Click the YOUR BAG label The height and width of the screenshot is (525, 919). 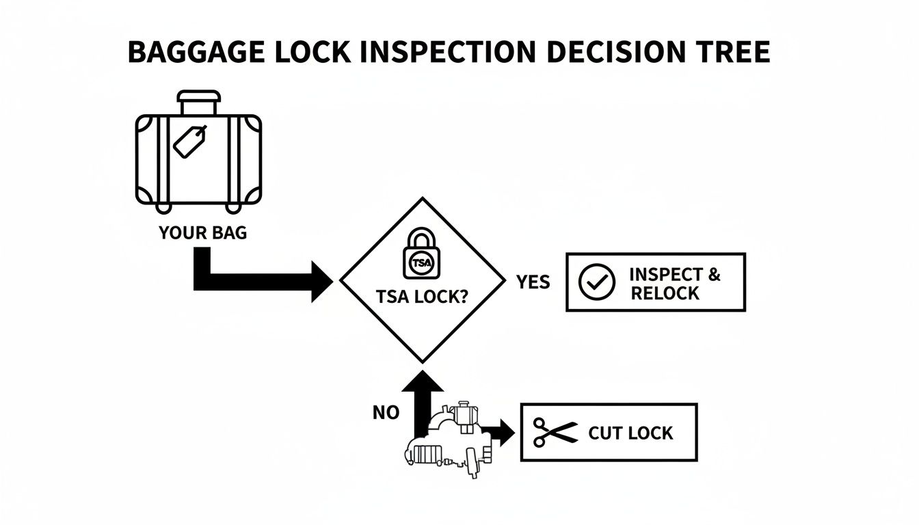[x=203, y=233]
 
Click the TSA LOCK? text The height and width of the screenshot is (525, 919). [x=423, y=297]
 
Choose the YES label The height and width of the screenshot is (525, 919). [x=533, y=282]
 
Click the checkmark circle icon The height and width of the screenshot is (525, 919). [x=592, y=282]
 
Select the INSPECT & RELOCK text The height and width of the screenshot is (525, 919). [x=674, y=284]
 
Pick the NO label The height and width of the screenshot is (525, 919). [x=386, y=412]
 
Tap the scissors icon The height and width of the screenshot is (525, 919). [x=555, y=433]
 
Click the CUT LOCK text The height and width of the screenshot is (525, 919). [x=630, y=433]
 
